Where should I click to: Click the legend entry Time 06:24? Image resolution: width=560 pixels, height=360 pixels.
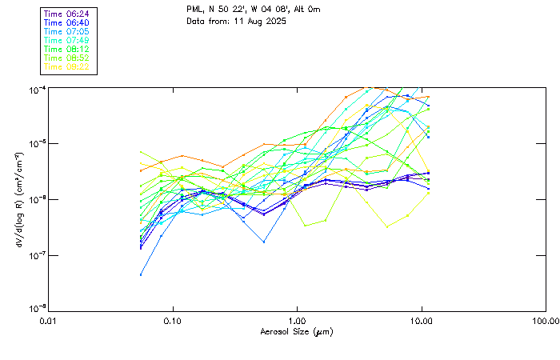tap(66, 14)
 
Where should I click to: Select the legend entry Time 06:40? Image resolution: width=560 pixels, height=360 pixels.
tap(66, 23)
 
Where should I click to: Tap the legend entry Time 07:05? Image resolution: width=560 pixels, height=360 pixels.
tap(66, 32)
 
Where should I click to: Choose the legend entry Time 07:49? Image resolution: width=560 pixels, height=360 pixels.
tap(66, 41)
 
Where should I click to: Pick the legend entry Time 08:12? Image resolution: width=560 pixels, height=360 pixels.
tap(66, 50)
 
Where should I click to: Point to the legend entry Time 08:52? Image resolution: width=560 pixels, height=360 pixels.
tap(66, 58)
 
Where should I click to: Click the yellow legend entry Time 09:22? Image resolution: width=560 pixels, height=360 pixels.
tap(66, 67)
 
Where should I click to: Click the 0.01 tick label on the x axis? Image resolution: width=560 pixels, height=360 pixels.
tap(49, 321)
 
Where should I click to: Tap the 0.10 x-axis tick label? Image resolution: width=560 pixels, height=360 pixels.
tap(173, 321)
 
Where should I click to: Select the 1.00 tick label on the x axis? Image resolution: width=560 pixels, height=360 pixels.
tap(297, 321)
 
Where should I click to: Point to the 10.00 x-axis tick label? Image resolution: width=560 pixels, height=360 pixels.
tap(421, 321)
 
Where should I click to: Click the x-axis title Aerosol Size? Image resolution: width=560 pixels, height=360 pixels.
tap(296, 331)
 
